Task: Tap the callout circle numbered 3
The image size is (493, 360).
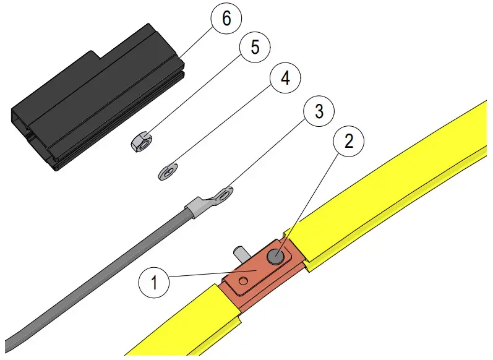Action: (x=319, y=111)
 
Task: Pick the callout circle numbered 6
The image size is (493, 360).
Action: (x=226, y=19)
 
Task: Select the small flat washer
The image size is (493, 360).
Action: (x=167, y=171)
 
